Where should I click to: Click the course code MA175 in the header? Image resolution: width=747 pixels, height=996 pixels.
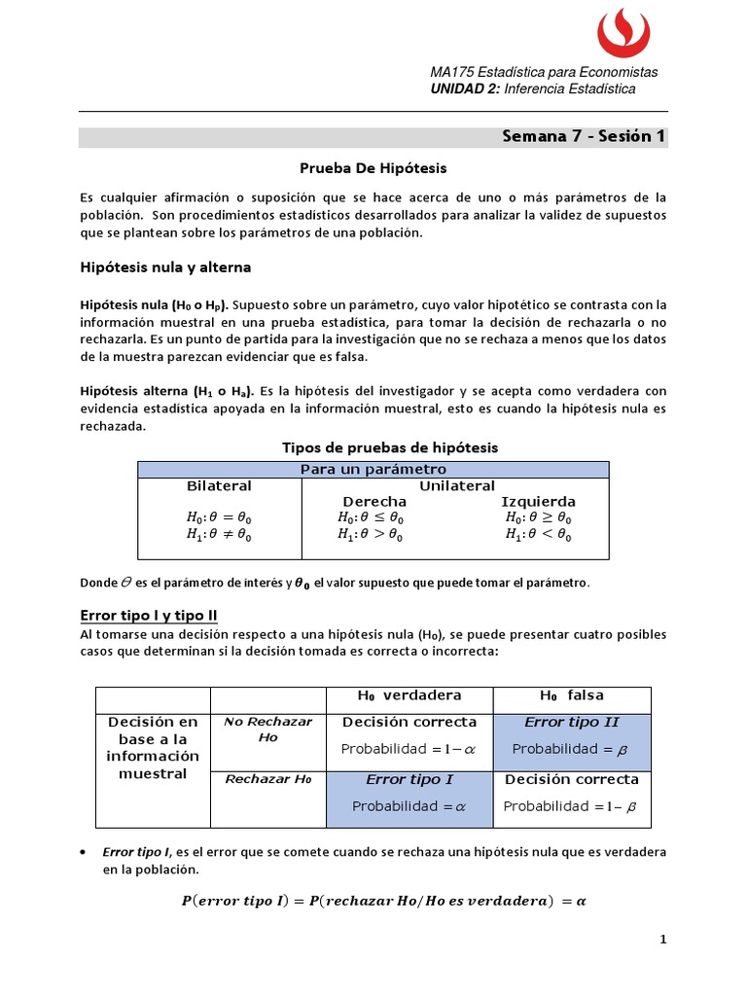449,72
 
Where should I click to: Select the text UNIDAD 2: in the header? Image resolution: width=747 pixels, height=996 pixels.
465,89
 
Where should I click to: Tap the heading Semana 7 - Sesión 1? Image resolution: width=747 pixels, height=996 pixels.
584,136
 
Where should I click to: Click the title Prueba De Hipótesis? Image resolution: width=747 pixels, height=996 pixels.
373,167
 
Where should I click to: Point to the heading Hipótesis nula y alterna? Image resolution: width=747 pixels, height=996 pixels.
165,267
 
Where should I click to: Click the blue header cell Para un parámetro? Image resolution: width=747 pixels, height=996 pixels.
373,470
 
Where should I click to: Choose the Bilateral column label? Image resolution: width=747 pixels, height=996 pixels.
219,485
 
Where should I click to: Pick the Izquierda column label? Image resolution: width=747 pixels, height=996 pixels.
539,501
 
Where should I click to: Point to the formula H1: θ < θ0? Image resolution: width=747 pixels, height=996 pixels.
539,534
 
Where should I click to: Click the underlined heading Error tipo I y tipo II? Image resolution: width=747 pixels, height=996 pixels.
149,616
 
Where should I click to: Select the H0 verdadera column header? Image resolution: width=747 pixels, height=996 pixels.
409,695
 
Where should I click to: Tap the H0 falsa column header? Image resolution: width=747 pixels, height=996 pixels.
572,695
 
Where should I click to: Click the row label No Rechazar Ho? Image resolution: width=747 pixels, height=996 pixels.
254,729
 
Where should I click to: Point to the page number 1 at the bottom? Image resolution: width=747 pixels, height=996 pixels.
662,940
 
